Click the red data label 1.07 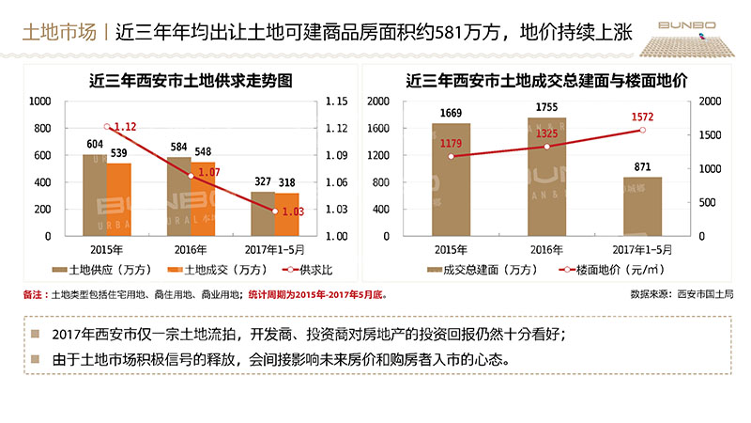click(208, 173)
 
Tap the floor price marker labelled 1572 click(642, 130)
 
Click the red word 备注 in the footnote click(35, 294)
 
